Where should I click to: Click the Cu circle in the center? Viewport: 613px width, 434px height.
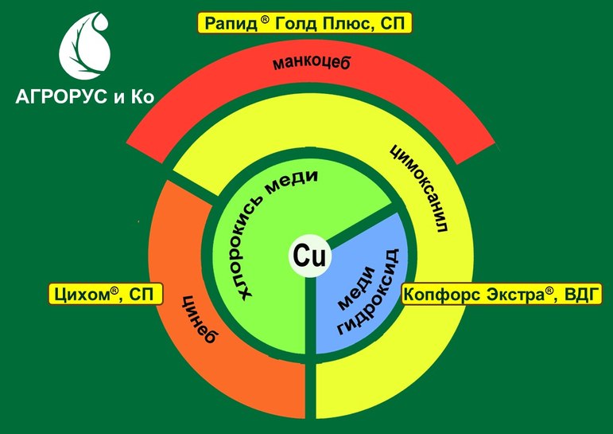[307, 256]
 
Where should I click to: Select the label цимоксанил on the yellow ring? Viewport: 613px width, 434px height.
[420, 186]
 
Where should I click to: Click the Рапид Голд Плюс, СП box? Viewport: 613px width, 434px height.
[305, 23]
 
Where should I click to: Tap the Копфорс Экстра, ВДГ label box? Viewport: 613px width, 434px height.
[502, 294]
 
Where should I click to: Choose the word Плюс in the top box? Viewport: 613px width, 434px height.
[352, 24]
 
